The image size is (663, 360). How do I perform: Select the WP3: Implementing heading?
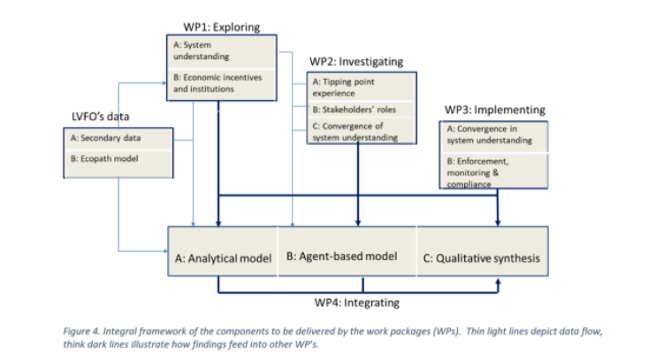tap(494, 110)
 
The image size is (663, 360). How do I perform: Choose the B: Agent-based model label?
tap(341, 257)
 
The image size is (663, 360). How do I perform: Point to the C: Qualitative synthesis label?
tap(483, 258)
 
